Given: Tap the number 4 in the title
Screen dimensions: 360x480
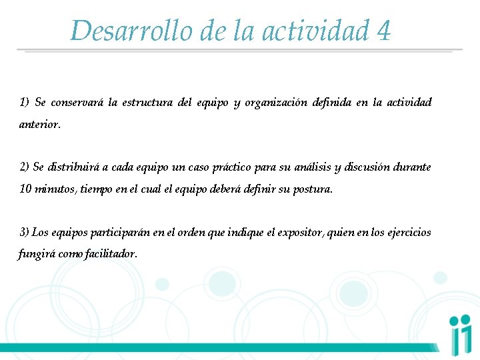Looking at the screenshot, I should [383, 31].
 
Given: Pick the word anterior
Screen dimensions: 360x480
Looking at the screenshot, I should [39, 124].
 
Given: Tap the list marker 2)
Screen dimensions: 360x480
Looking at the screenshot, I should [25, 167].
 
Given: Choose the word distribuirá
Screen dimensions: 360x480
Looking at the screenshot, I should [73, 167].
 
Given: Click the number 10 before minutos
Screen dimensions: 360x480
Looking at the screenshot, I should [25, 189].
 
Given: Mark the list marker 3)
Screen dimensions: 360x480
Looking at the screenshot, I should [25, 232].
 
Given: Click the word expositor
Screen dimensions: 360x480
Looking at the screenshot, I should [304, 232].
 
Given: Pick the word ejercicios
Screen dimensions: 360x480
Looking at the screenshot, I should [409, 232].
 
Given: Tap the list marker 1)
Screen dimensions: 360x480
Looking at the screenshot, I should [25, 103].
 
